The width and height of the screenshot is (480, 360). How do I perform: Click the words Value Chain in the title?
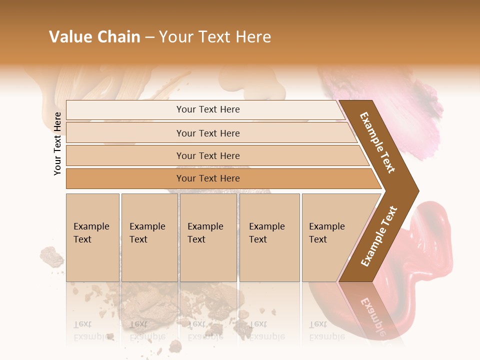click(94, 37)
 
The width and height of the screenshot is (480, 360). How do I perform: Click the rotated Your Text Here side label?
click(57, 143)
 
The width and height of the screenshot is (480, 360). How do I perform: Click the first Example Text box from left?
click(92, 237)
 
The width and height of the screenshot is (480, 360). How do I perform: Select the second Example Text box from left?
click(149, 237)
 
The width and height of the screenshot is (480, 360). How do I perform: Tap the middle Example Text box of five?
click(208, 237)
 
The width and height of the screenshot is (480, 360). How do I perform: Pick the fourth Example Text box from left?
click(269, 237)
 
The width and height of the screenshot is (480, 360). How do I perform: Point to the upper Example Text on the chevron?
click(377, 142)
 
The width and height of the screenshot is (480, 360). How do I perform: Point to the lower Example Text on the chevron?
click(379, 236)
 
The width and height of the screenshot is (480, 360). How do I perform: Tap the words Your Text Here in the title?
click(215, 37)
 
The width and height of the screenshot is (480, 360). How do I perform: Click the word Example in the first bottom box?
click(91, 226)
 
